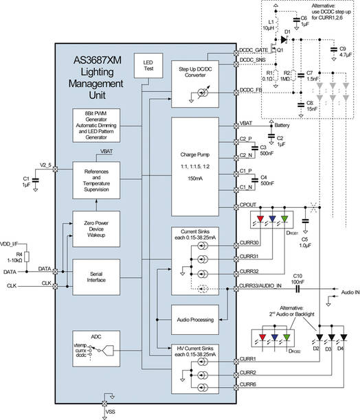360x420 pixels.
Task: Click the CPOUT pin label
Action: (x=248, y=204)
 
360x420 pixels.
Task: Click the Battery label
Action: (x=284, y=126)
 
